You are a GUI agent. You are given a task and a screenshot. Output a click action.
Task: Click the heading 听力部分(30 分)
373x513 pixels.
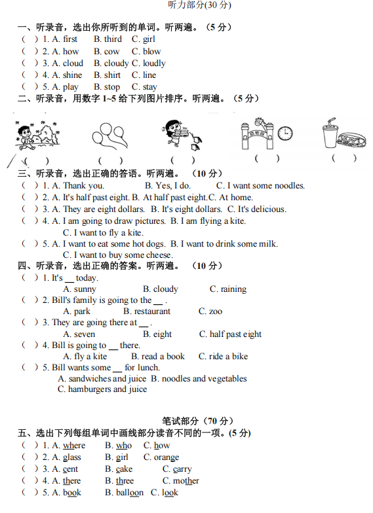coord(199,5)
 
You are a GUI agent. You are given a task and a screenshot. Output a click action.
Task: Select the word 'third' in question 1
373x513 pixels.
coord(113,39)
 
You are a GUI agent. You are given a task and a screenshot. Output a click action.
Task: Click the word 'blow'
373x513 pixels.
coord(151,51)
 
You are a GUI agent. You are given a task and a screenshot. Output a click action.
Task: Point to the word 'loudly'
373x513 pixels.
coord(154,63)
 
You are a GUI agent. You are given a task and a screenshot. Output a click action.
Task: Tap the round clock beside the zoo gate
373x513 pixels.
coord(285,133)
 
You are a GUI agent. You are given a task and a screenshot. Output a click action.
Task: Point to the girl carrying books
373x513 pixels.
coord(178,134)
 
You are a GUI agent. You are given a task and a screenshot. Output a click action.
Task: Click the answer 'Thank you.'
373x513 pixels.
coord(83,186)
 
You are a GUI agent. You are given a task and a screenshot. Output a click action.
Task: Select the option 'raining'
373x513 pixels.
coord(233,289)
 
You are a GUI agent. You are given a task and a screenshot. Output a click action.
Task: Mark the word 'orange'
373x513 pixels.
coord(166,457)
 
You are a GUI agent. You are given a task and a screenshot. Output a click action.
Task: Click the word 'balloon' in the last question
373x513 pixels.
coord(130,493)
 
